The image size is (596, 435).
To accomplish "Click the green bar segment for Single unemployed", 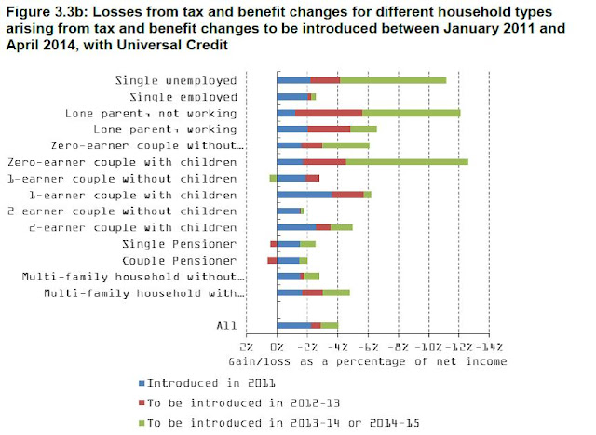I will [x=392, y=80].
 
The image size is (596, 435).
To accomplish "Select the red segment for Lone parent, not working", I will [x=329, y=113].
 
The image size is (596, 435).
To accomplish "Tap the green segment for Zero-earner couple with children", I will [x=407, y=161].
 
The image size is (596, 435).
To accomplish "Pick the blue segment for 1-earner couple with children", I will [x=305, y=195].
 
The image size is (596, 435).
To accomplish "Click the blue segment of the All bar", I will [x=293, y=325].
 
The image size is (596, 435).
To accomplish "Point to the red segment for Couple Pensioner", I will [x=272, y=260].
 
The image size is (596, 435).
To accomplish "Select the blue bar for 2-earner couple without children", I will [x=288, y=211].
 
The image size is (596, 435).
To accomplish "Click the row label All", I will [x=226, y=325].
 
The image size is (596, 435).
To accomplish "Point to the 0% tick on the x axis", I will [x=278, y=345].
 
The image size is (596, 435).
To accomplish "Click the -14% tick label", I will [x=489, y=345].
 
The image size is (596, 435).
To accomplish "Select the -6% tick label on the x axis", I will [x=367, y=345].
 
